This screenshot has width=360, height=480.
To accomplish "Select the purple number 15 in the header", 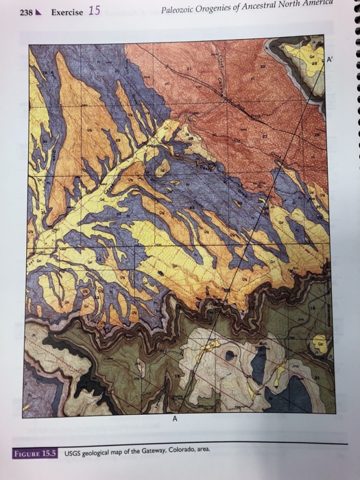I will coord(95,10).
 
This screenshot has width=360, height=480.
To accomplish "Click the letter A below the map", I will coord(174,420).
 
